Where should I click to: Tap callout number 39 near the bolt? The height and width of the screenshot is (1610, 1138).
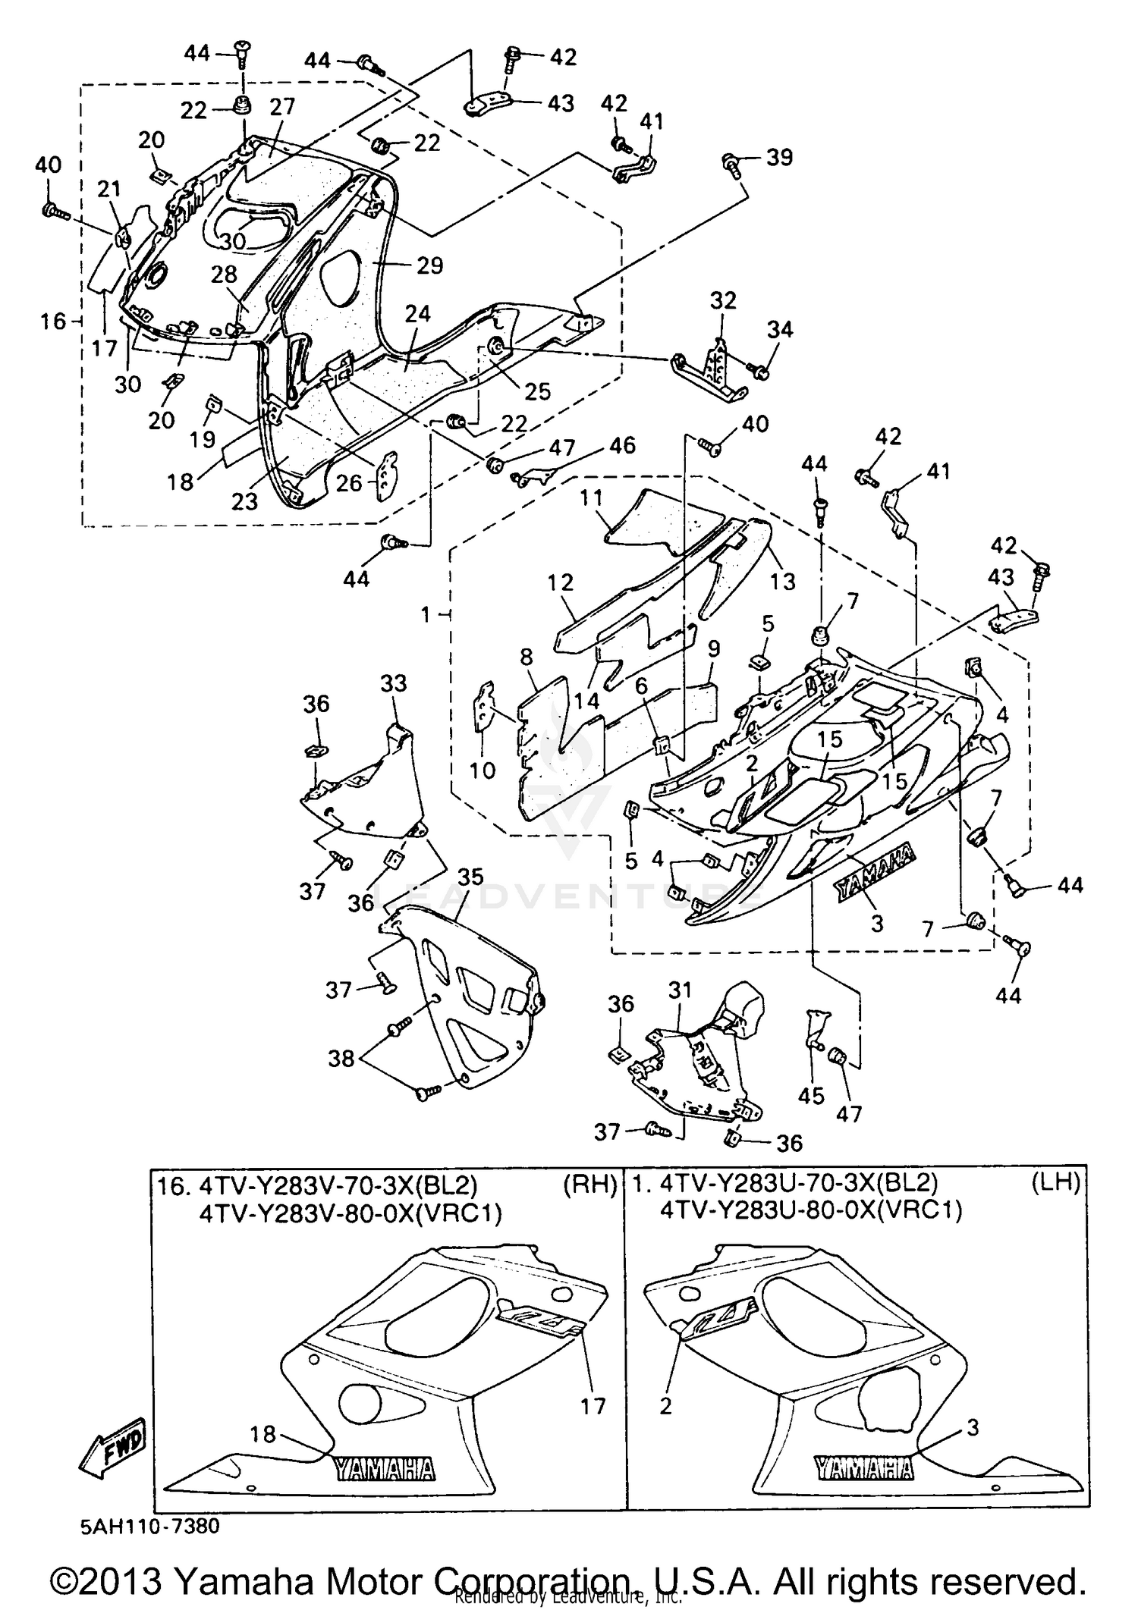pyautogui.click(x=779, y=157)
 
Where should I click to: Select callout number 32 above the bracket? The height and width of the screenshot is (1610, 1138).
pyautogui.click(x=723, y=300)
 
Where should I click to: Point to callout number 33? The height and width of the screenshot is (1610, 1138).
pyautogui.click(x=394, y=683)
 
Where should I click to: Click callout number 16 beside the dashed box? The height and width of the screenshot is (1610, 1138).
pyautogui.click(x=52, y=322)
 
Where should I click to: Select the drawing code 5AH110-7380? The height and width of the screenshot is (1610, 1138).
pyautogui.click(x=149, y=1525)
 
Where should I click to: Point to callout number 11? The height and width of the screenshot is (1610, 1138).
pyautogui.click(x=591, y=498)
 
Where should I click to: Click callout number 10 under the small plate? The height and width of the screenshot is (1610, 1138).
pyautogui.click(x=482, y=770)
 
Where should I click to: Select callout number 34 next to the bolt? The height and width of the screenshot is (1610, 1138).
pyautogui.click(x=779, y=329)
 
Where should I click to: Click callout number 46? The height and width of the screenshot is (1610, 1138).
pyautogui.click(x=622, y=445)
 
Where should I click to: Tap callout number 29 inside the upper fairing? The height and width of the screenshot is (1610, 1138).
pyautogui.click(x=429, y=265)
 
